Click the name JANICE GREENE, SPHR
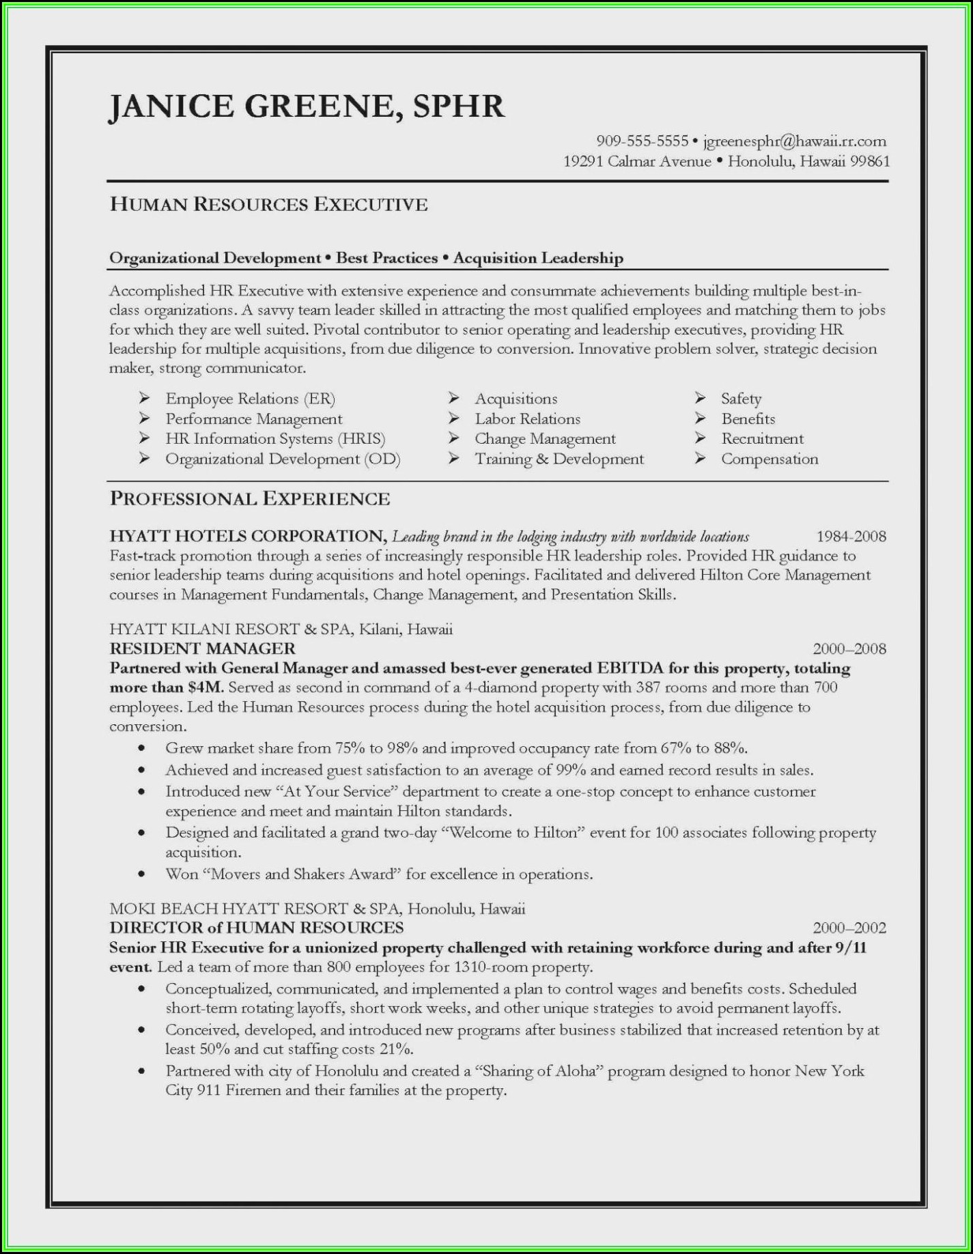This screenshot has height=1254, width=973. click(x=307, y=107)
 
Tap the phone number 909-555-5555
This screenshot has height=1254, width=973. click(x=642, y=141)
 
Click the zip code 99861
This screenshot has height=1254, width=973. click(x=870, y=161)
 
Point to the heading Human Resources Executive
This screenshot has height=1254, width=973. click(x=268, y=204)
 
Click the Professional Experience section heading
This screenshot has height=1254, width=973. click(x=250, y=499)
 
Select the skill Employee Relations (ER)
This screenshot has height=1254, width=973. click(x=250, y=399)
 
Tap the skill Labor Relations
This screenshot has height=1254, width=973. click(x=527, y=419)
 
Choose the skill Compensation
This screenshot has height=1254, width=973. click(x=769, y=459)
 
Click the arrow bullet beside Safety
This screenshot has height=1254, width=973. click(x=700, y=397)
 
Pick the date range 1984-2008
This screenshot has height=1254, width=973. click(x=851, y=537)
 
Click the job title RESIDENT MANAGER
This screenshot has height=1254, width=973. click(x=202, y=649)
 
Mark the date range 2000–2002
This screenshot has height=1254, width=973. click(x=849, y=928)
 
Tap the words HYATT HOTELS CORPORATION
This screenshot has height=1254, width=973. click(x=248, y=537)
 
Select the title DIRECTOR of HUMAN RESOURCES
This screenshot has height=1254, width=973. click(x=256, y=928)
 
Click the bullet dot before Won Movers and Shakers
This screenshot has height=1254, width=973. click(x=141, y=874)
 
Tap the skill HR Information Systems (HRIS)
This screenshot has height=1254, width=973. click(x=275, y=439)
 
